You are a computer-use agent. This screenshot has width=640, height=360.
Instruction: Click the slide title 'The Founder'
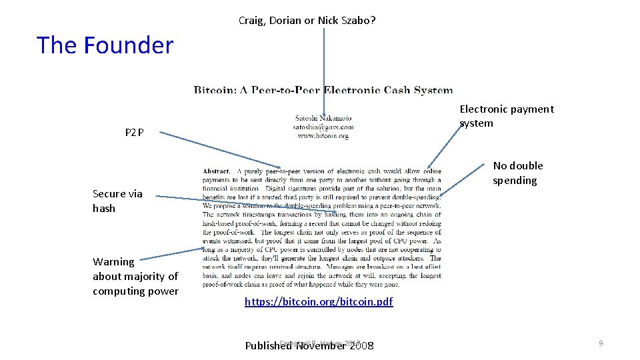pyautogui.click(x=105, y=45)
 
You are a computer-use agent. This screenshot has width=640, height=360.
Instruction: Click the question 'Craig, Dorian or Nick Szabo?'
pyautogui.click(x=307, y=21)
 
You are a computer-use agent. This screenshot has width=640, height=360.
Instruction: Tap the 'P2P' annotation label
pyautogui.click(x=134, y=133)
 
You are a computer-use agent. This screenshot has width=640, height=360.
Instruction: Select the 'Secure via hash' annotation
pyautogui.click(x=117, y=201)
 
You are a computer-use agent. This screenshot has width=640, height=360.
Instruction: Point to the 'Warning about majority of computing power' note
pyautogui.click(x=135, y=276)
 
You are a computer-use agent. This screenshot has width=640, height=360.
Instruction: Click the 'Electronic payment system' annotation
pyautogui.click(x=506, y=116)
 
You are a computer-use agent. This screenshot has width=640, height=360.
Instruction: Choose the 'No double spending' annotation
pyautogui.click(x=517, y=173)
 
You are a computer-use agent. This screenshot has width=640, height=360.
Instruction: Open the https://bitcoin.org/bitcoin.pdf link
pyautogui.click(x=319, y=302)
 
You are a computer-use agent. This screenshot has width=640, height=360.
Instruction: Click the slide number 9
pyautogui.click(x=601, y=343)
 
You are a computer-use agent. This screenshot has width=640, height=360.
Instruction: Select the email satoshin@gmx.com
pyautogui.click(x=323, y=127)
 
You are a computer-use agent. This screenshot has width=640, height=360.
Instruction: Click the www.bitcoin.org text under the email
pyautogui.click(x=323, y=135)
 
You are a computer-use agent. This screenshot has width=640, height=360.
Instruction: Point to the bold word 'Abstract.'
pyautogui.click(x=217, y=171)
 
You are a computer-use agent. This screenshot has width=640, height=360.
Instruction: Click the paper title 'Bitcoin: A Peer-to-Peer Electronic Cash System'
pyautogui.click(x=323, y=90)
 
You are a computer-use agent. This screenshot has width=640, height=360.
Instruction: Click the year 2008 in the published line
pyautogui.click(x=360, y=346)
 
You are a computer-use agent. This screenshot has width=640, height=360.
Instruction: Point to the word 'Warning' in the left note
pyautogui.click(x=113, y=262)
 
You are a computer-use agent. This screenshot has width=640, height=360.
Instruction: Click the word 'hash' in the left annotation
pyautogui.click(x=104, y=209)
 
